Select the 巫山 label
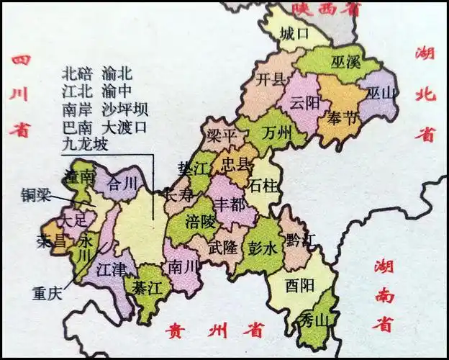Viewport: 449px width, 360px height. (382, 93)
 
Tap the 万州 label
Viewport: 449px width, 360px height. (276, 133)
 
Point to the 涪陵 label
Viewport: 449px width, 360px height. (200, 221)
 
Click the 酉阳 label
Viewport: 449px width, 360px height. (299, 286)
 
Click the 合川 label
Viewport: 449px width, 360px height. (121, 184)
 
